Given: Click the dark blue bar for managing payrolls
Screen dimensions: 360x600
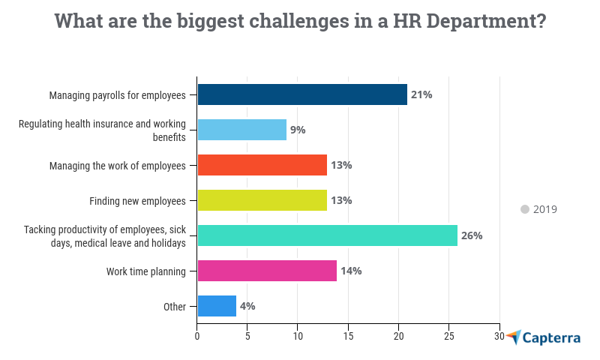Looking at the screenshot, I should (x=301, y=94).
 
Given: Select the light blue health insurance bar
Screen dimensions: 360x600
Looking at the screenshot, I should (x=241, y=130).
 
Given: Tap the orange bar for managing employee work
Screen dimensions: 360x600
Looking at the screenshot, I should (x=262, y=165).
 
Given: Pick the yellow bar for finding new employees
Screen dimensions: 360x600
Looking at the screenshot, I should (x=262, y=200).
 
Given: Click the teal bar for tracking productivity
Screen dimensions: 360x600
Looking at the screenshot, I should (x=327, y=235).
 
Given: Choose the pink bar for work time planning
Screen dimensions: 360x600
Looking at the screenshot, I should (x=267, y=271).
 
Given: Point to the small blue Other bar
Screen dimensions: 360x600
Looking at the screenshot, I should (x=217, y=306).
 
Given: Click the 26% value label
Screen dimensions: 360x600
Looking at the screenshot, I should (x=472, y=235).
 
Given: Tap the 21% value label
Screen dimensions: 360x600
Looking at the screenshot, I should (x=421, y=94).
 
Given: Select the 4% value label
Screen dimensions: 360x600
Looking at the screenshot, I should (x=247, y=306).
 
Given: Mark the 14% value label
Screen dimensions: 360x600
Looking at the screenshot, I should (x=351, y=271).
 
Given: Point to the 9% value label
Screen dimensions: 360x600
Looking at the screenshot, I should (x=298, y=130).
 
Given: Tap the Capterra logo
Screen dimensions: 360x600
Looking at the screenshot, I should (x=543, y=337).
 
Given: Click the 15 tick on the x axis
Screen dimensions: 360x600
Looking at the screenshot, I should (x=348, y=337).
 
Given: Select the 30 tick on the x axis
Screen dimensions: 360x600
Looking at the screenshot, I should (x=499, y=337).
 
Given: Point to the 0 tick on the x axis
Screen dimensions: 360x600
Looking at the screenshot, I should (x=197, y=337).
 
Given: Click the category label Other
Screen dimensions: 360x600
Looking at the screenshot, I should (x=174, y=306).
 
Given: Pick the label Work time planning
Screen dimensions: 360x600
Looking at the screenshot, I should (x=145, y=271).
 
